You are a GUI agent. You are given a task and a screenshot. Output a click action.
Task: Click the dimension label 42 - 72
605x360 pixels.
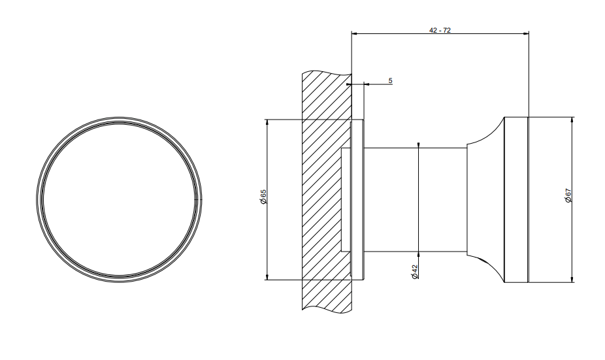[x=440, y=30]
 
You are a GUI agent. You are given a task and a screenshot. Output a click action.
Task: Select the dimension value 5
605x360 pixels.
[x=391, y=80]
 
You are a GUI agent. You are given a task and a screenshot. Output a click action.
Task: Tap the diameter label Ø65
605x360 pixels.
[x=263, y=197]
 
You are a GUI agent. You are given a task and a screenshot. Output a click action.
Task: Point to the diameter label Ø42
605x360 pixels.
[x=415, y=272]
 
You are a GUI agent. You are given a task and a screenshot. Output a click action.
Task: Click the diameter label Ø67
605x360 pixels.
[x=568, y=195]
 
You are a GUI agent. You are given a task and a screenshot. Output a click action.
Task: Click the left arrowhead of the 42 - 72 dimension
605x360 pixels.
[x=354, y=33]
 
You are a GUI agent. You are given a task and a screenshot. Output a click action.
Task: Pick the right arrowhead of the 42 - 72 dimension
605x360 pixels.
[x=526, y=33]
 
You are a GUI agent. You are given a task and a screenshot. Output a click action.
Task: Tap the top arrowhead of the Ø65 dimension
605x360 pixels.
[x=267, y=122]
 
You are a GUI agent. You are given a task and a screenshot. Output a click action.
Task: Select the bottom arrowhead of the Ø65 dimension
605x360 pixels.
[x=267, y=277]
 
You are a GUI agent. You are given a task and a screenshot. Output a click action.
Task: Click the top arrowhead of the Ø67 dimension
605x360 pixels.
[x=572, y=120]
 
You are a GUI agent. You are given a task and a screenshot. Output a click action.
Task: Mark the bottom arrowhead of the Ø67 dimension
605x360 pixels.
[x=572, y=280]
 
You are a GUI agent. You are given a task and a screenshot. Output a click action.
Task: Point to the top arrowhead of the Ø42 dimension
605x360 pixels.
[x=419, y=144]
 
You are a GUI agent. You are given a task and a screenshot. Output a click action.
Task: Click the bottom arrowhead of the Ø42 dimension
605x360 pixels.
[x=419, y=255]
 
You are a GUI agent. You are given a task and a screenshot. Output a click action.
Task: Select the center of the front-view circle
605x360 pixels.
[x=119, y=199]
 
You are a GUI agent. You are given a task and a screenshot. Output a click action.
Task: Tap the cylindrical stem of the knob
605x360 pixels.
[x=415, y=200]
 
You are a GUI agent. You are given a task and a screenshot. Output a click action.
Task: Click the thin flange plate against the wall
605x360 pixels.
[x=357, y=199]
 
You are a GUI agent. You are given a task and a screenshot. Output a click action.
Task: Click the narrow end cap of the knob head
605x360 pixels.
[x=517, y=199]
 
